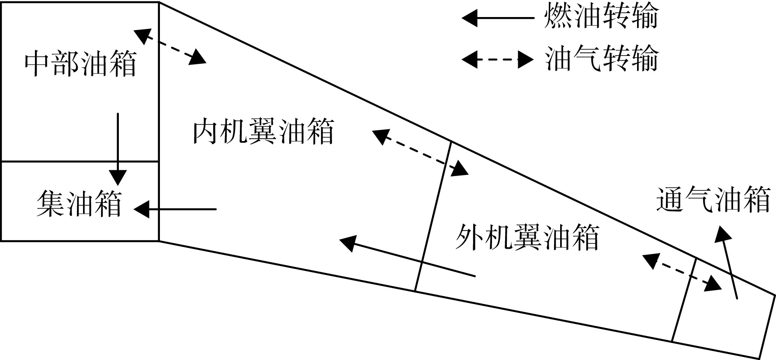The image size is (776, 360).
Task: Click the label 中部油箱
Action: click(x=80, y=65)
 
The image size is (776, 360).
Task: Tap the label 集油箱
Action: click(x=79, y=203)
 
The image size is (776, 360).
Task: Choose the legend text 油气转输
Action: click(x=601, y=59)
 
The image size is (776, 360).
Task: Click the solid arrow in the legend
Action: click(x=498, y=18)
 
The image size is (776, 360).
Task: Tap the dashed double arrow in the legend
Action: click(x=498, y=60)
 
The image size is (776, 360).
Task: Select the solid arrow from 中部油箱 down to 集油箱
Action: click(x=118, y=149)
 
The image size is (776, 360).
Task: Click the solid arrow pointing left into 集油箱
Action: click(x=175, y=210)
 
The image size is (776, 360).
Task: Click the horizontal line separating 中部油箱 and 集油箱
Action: click(x=80, y=162)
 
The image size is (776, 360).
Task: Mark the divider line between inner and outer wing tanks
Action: click(x=433, y=216)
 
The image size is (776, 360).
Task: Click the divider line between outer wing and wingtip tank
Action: click(x=684, y=300)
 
